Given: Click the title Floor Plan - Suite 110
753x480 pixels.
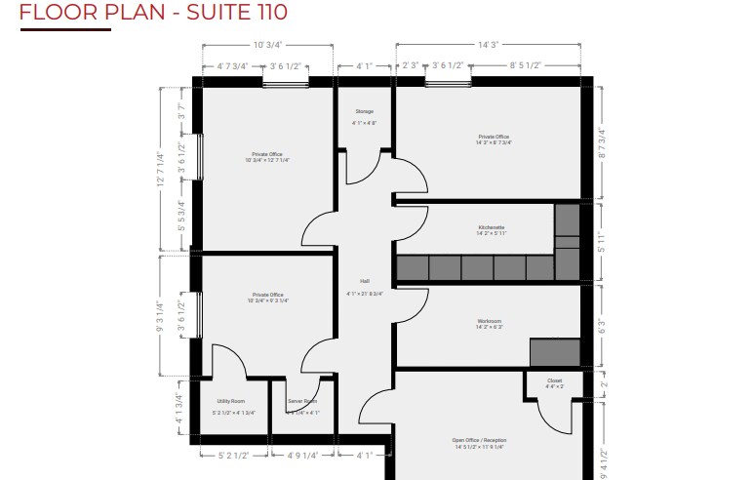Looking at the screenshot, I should (x=153, y=13).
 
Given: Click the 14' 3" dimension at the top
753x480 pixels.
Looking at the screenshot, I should (x=488, y=44).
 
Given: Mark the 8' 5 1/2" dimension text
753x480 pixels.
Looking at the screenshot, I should (x=525, y=66).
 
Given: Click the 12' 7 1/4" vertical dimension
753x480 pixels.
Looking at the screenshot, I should (x=161, y=170).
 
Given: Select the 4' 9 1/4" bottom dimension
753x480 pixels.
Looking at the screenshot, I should (x=302, y=455).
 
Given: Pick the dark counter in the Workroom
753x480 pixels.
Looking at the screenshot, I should (x=554, y=351).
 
